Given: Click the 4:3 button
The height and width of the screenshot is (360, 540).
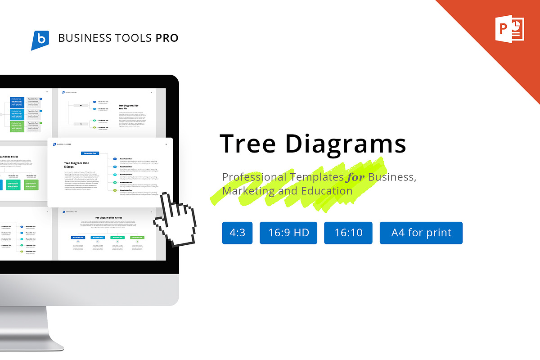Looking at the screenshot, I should click(x=237, y=233).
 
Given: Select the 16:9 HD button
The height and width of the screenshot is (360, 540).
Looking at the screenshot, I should click(x=288, y=233).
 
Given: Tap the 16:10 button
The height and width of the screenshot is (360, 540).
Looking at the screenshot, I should click(x=348, y=233).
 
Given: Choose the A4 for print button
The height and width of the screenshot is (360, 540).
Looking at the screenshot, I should click(x=421, y=233).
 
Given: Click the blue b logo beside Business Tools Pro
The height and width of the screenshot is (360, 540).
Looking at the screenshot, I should click(x=40, y=40).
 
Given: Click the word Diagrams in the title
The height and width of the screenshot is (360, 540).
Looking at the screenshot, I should click(x=346, y=144).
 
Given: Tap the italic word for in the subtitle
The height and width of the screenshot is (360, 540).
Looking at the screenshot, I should click(x=355, y=177).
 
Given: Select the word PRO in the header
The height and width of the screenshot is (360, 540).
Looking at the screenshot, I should click(x=167, y=38).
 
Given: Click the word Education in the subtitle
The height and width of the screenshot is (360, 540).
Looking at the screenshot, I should click(x=324, y=191).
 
